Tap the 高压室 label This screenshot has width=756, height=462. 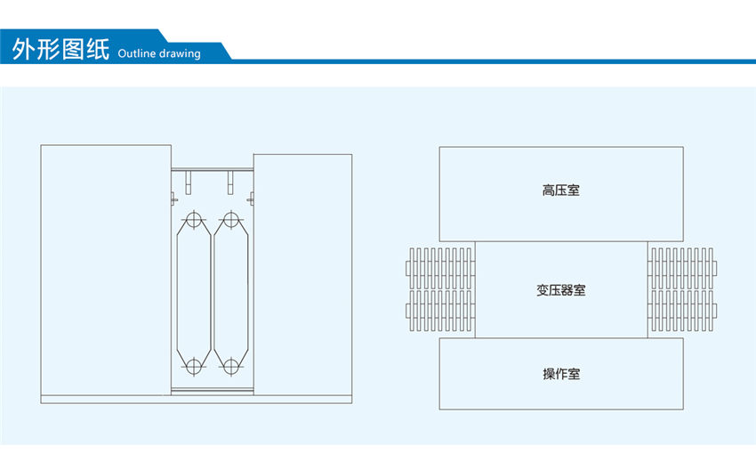coord(561,190)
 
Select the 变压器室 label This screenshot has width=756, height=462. coord(561,290)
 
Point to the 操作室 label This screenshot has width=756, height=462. coord(561,374)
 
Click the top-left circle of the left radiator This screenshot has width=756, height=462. coord(192,219)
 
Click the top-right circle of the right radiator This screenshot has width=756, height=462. coord(231,219)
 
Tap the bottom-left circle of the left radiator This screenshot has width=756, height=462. coord(192,365)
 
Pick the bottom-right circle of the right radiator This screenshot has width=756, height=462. coord(231,365)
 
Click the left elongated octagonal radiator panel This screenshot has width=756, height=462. coord(192,292)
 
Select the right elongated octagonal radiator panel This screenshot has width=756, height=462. coord(231,292)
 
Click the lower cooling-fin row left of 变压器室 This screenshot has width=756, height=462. coord(439,312)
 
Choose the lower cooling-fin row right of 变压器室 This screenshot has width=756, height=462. coord(683,312)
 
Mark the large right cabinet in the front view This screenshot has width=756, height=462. coord(302,272)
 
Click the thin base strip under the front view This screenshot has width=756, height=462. coord(196,399)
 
